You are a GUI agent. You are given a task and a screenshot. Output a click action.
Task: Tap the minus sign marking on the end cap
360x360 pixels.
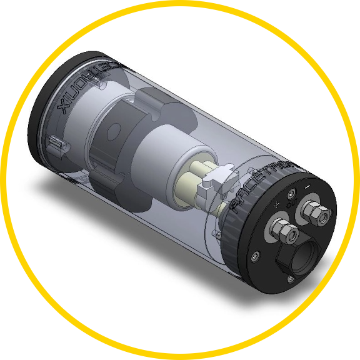tap(307, 186)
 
